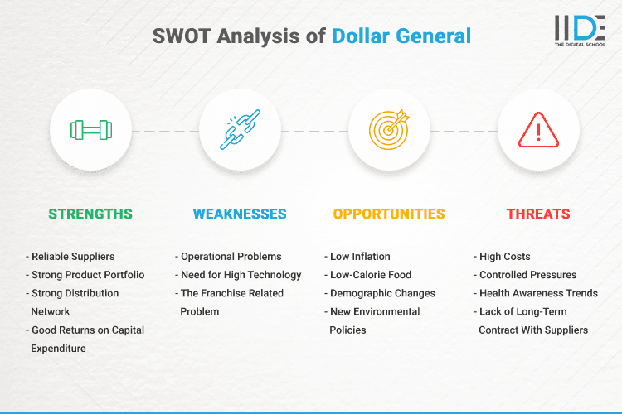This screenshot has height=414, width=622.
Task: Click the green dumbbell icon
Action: [x=90, y=130]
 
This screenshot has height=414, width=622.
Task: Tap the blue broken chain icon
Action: [x=240, y=130]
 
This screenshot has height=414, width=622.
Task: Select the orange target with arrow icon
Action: [x=389, y=130]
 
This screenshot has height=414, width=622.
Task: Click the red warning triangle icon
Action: [x=538, y=130]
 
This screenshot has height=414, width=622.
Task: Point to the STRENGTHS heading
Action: [x=90, y=214]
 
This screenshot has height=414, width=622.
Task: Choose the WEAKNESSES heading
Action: [x=240, y=214]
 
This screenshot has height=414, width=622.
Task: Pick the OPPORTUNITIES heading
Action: [x=389, y=214]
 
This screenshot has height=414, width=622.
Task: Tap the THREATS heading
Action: [x=538, y=214]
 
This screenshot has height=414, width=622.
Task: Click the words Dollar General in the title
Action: [x=401, y=36]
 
